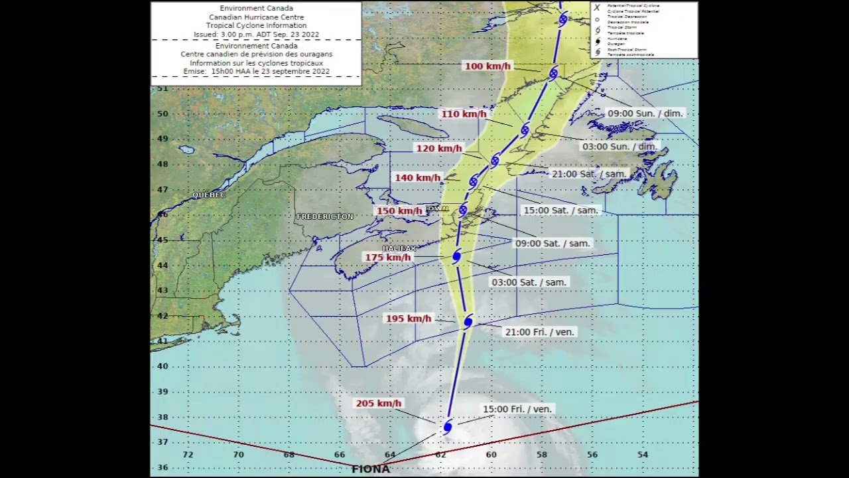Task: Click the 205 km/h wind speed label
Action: [379, 404]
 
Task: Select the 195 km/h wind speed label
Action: [409, 319]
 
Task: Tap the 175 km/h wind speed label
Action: [388, 258]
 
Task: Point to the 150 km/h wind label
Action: [399, 211]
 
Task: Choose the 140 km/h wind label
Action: [417, 178]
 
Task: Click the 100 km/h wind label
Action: [488, 66]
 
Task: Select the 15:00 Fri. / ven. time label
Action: [517, 410]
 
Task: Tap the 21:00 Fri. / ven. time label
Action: [540, 332]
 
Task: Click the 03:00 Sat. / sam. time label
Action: [529, 282]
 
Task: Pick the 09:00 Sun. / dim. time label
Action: [645, 114]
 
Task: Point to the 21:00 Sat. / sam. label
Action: [589, 174]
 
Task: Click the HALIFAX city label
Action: [399, 248]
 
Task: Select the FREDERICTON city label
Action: [325, 216]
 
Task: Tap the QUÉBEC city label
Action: [209, 195]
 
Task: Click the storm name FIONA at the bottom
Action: [371, 469]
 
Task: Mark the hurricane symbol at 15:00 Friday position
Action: [448, 426]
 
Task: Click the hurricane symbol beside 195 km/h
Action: [468, 321]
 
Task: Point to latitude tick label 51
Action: [163, 88]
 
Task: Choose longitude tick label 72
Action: [188, 455]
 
